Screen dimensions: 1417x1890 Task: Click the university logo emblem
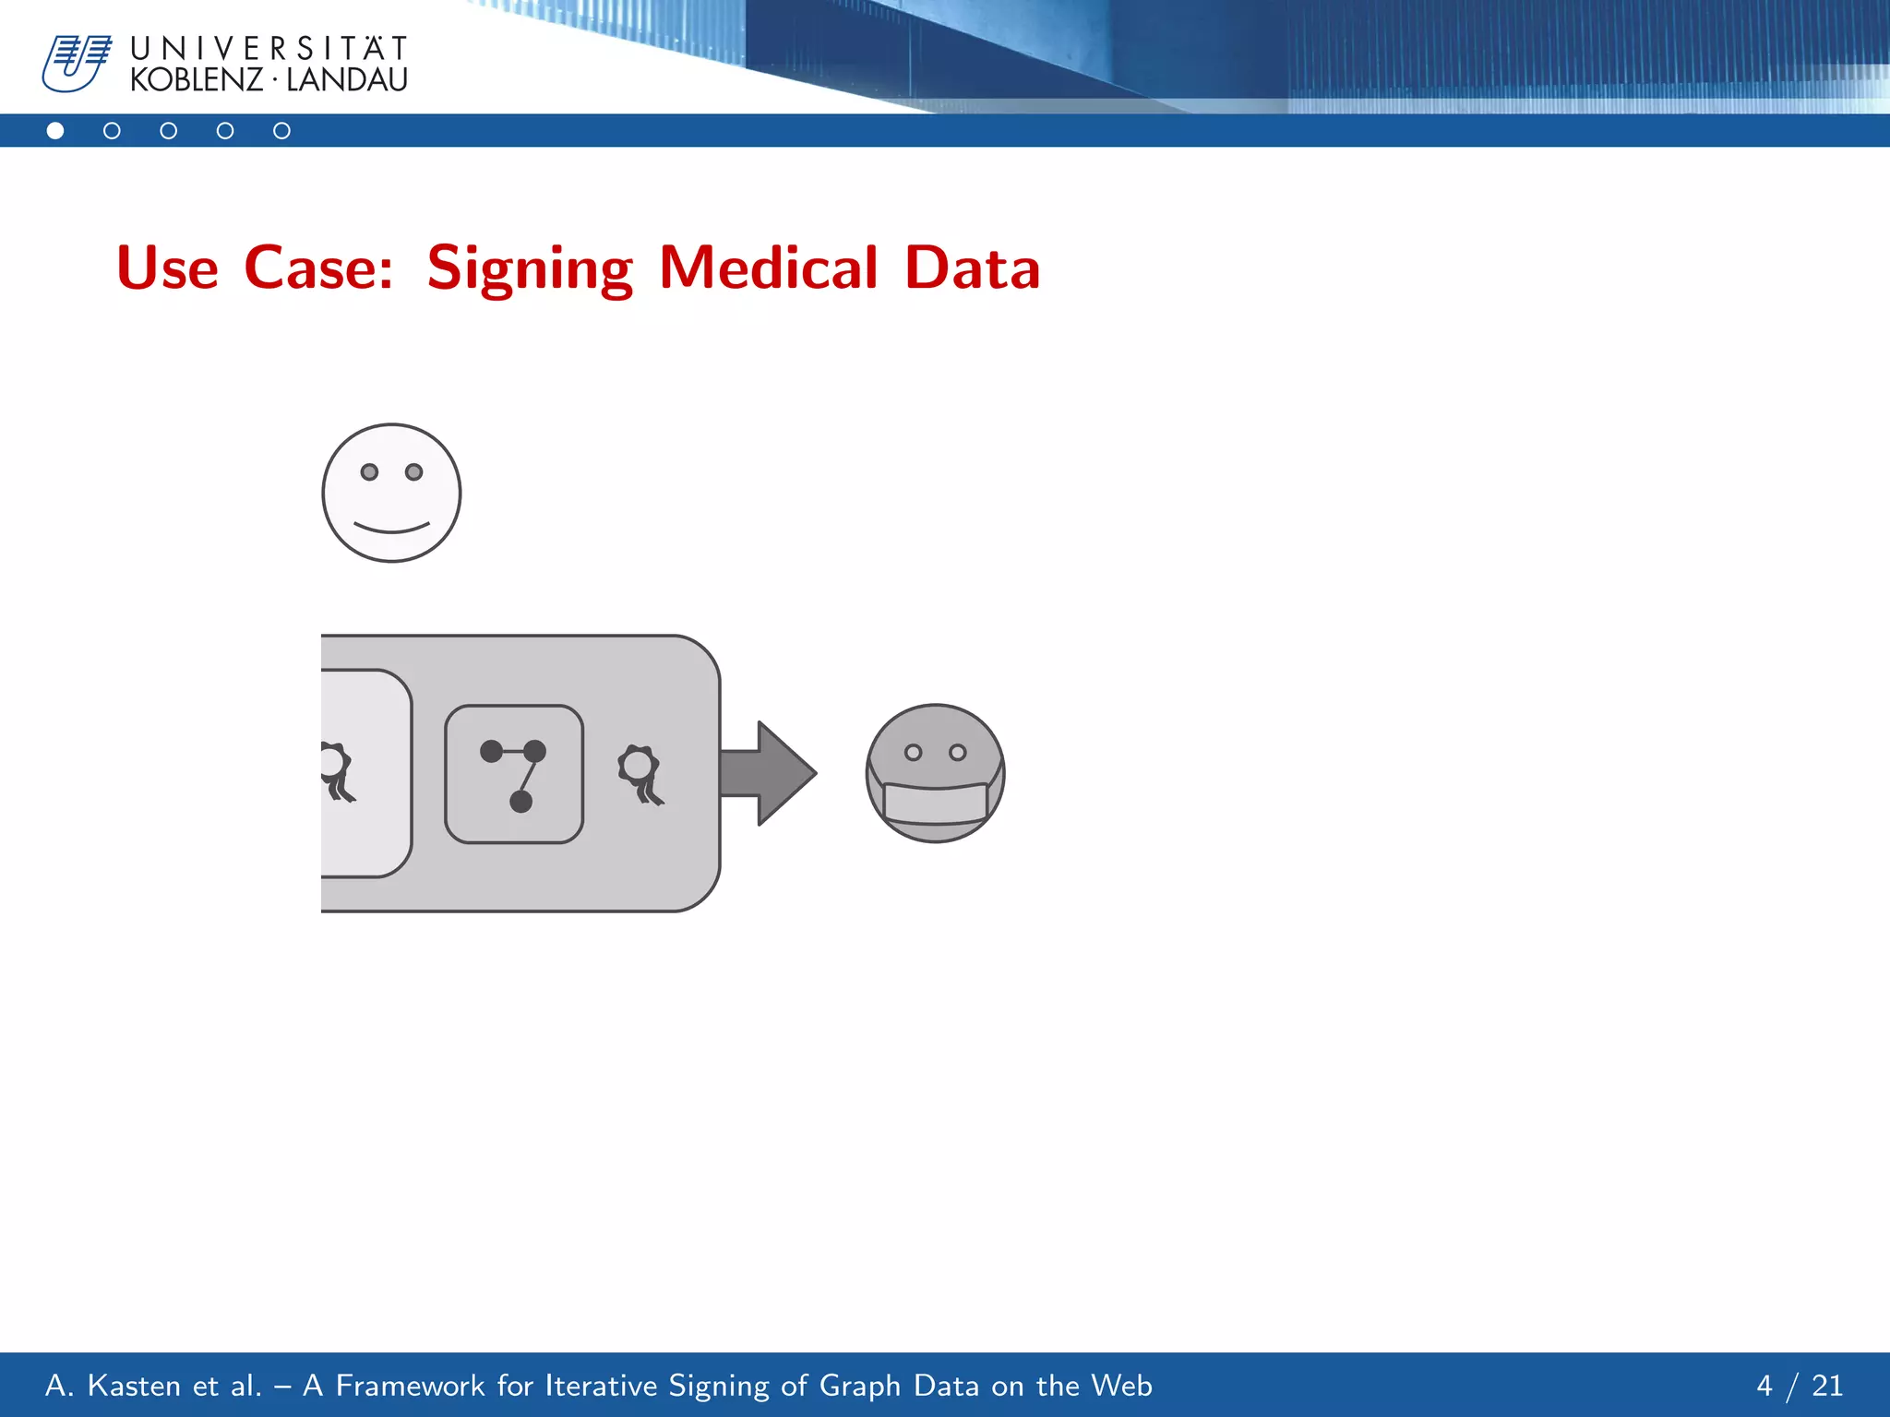[x=77, y=63]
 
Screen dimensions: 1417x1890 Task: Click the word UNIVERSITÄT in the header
[x=269, y=48]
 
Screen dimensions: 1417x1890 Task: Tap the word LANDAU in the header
[x=346, y=80]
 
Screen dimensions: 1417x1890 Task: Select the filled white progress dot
[x=55, y=131]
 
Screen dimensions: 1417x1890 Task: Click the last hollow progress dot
[x=281, y=131]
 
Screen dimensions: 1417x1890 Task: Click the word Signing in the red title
[x=530, y=268]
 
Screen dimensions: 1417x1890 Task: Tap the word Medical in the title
[x=769, y=268]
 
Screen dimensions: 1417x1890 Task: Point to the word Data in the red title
[x=972, y=268]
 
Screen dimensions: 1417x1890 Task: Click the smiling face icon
[x=391, y=493]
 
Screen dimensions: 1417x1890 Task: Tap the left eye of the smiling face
[x=369, y=472]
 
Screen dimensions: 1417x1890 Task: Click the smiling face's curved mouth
[x=391, y=529]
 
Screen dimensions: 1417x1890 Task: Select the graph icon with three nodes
[x=514, y=774]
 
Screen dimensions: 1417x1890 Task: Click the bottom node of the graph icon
[x=520, y=802]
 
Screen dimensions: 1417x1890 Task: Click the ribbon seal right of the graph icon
[x=640, y=774]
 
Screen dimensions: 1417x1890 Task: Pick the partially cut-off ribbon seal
[x=336, y=771]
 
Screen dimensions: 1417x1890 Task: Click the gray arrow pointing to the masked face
[x=766, y=773]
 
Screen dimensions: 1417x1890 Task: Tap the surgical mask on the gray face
[x=935, y=801]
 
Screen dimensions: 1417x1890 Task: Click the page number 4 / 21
[x=1799, y=1386]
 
